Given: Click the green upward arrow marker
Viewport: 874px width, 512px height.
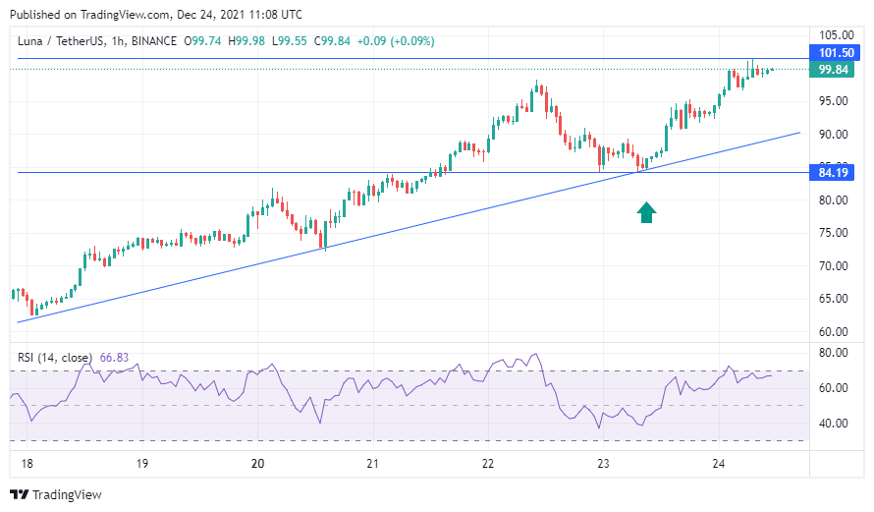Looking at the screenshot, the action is point(646,212).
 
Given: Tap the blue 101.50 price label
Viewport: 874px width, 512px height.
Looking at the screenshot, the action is point(835,53).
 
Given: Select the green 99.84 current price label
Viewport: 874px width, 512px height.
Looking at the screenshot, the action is point(832,70).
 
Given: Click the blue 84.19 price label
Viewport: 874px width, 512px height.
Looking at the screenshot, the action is point(832,173).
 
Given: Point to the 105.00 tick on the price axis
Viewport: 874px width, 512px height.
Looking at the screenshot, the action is point(836,35).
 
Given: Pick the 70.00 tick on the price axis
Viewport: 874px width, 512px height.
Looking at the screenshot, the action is point(834,266).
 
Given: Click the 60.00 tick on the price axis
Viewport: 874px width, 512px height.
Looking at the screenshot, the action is point(834,332).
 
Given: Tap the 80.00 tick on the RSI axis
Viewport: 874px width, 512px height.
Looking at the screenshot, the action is point(834,353).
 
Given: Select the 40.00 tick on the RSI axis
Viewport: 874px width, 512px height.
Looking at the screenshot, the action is point(834,424).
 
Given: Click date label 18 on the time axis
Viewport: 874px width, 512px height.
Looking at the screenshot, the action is point(27,464).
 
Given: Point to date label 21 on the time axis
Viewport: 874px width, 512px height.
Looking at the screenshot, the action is point(372,464).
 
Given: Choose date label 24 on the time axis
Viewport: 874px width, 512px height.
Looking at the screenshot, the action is point(719,464).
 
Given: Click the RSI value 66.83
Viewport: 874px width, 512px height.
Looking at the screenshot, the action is point(114,358).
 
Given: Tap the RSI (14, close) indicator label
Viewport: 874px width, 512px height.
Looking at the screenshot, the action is point(55,358).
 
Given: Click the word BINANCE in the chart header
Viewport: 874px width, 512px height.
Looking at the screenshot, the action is point(154,41).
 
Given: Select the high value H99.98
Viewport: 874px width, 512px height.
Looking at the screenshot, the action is point(246,41).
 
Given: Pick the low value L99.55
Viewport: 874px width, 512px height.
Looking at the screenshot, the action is point(290,41).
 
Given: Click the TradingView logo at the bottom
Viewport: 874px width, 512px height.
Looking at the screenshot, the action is point(56,494).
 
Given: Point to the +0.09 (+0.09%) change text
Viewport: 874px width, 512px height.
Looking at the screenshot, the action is point(395,41).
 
